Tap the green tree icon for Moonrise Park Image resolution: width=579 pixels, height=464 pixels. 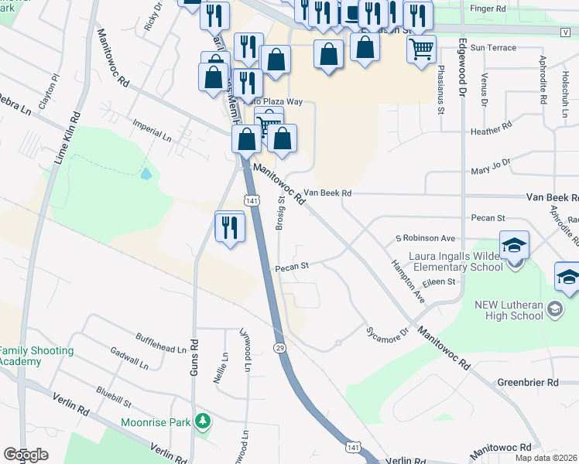click(203, 421)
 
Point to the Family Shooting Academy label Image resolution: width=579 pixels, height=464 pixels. click(37, 356)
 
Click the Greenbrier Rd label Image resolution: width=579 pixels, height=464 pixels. click(528, 382)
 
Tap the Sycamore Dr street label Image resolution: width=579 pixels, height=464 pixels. click(386, 332)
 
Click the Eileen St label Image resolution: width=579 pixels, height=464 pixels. click(439, 282)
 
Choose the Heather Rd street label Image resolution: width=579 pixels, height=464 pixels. click(491, 131)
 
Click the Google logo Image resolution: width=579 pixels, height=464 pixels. click(26, 455)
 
